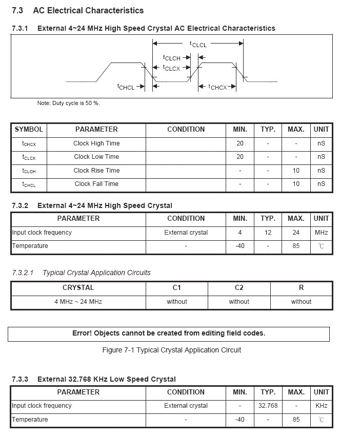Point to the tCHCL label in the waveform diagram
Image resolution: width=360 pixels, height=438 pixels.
pos(126,87)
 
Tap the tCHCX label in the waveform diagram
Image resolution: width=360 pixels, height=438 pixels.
pos(217,87)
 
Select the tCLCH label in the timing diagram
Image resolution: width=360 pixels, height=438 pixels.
pos(172,58)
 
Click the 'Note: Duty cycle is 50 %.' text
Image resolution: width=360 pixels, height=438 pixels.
pos(68,103)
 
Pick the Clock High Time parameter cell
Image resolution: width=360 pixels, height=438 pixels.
pos(96,143)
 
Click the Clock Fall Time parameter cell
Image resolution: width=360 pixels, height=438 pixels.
pos(96,184)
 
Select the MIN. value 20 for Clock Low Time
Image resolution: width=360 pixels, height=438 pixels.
pos(240,157)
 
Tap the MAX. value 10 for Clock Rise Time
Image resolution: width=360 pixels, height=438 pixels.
pos(296,171)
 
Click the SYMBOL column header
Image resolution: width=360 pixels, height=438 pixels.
pos(29,130)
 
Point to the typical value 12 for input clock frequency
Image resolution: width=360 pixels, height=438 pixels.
pos(268,233)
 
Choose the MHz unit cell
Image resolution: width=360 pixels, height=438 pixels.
pos(321,233)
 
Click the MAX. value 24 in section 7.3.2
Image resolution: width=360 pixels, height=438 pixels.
pos(296,233)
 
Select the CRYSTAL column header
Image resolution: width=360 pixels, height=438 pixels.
pos(78,288)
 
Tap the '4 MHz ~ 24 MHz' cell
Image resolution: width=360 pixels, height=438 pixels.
pos(78,302)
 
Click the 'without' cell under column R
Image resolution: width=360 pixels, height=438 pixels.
pos(301,302)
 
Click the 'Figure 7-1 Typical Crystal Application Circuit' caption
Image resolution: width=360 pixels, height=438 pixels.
pos(172,350)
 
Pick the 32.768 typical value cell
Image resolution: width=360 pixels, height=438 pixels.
pos(268,406)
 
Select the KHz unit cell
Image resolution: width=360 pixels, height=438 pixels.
pos(321,406)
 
